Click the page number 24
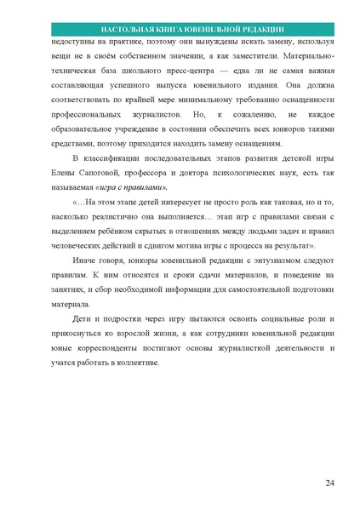[329, 484]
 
